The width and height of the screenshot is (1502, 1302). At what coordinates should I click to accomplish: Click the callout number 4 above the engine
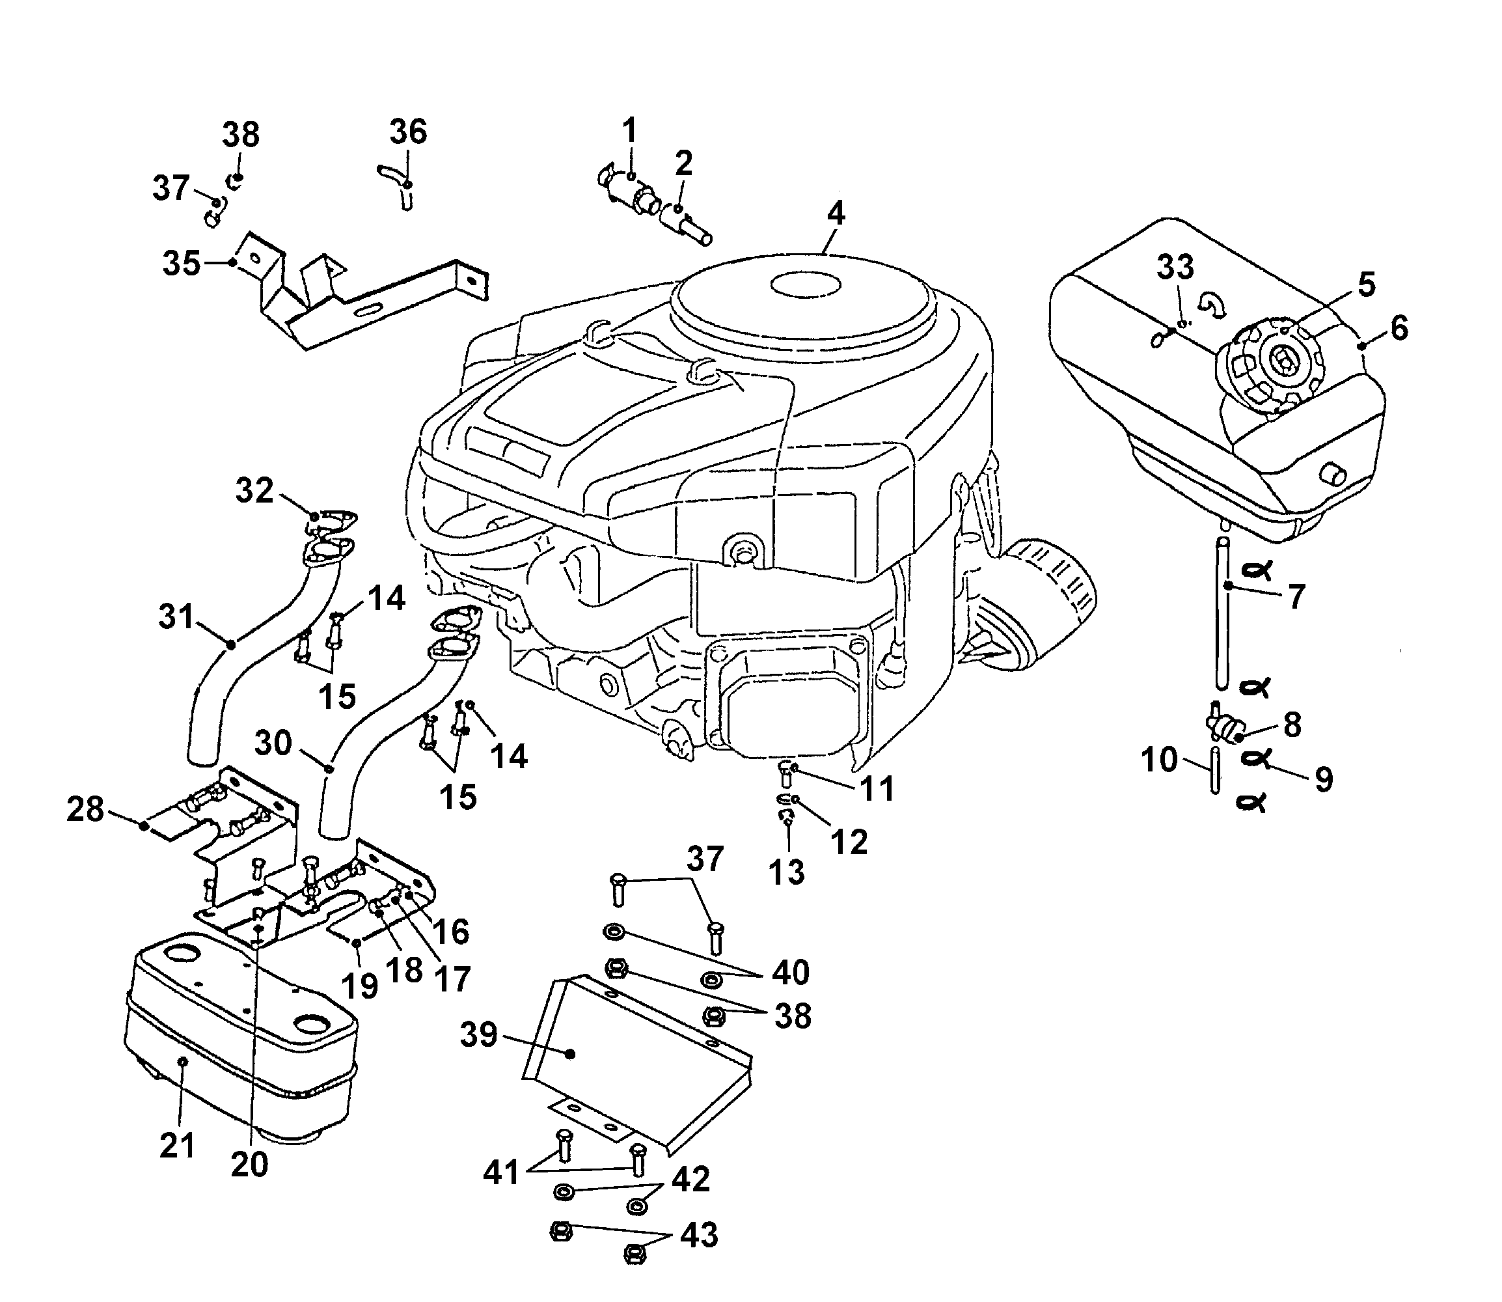[x=836, y=213]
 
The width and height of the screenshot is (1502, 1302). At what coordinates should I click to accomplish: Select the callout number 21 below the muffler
[x=177, y=1146]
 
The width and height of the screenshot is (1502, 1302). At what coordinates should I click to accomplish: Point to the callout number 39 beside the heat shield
[x=478, y=1034]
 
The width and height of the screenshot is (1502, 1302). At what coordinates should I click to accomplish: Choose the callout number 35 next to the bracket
[x=181, y=263]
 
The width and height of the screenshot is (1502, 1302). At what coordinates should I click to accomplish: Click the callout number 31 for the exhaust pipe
[x=176, y=617]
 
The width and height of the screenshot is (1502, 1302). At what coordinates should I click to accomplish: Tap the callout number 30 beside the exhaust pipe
[x=273, y=743]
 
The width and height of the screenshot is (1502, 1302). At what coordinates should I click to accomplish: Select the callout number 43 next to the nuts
[x=699, y=1234]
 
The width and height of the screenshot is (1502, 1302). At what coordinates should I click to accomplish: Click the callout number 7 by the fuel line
[x=1296, y=596]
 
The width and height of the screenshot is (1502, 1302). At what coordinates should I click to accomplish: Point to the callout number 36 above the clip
[x=408, y=132]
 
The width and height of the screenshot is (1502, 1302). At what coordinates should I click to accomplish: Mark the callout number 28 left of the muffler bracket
[x=86, y=809]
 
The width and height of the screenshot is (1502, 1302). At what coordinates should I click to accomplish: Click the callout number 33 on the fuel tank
[x=1175, y=267]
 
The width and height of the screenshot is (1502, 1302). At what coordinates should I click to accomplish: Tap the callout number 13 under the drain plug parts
[x=787, y=872]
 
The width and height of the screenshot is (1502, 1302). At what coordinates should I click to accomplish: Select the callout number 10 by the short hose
[x=1159, y=760]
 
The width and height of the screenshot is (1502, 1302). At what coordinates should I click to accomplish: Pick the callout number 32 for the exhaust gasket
[x=254, y=490]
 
